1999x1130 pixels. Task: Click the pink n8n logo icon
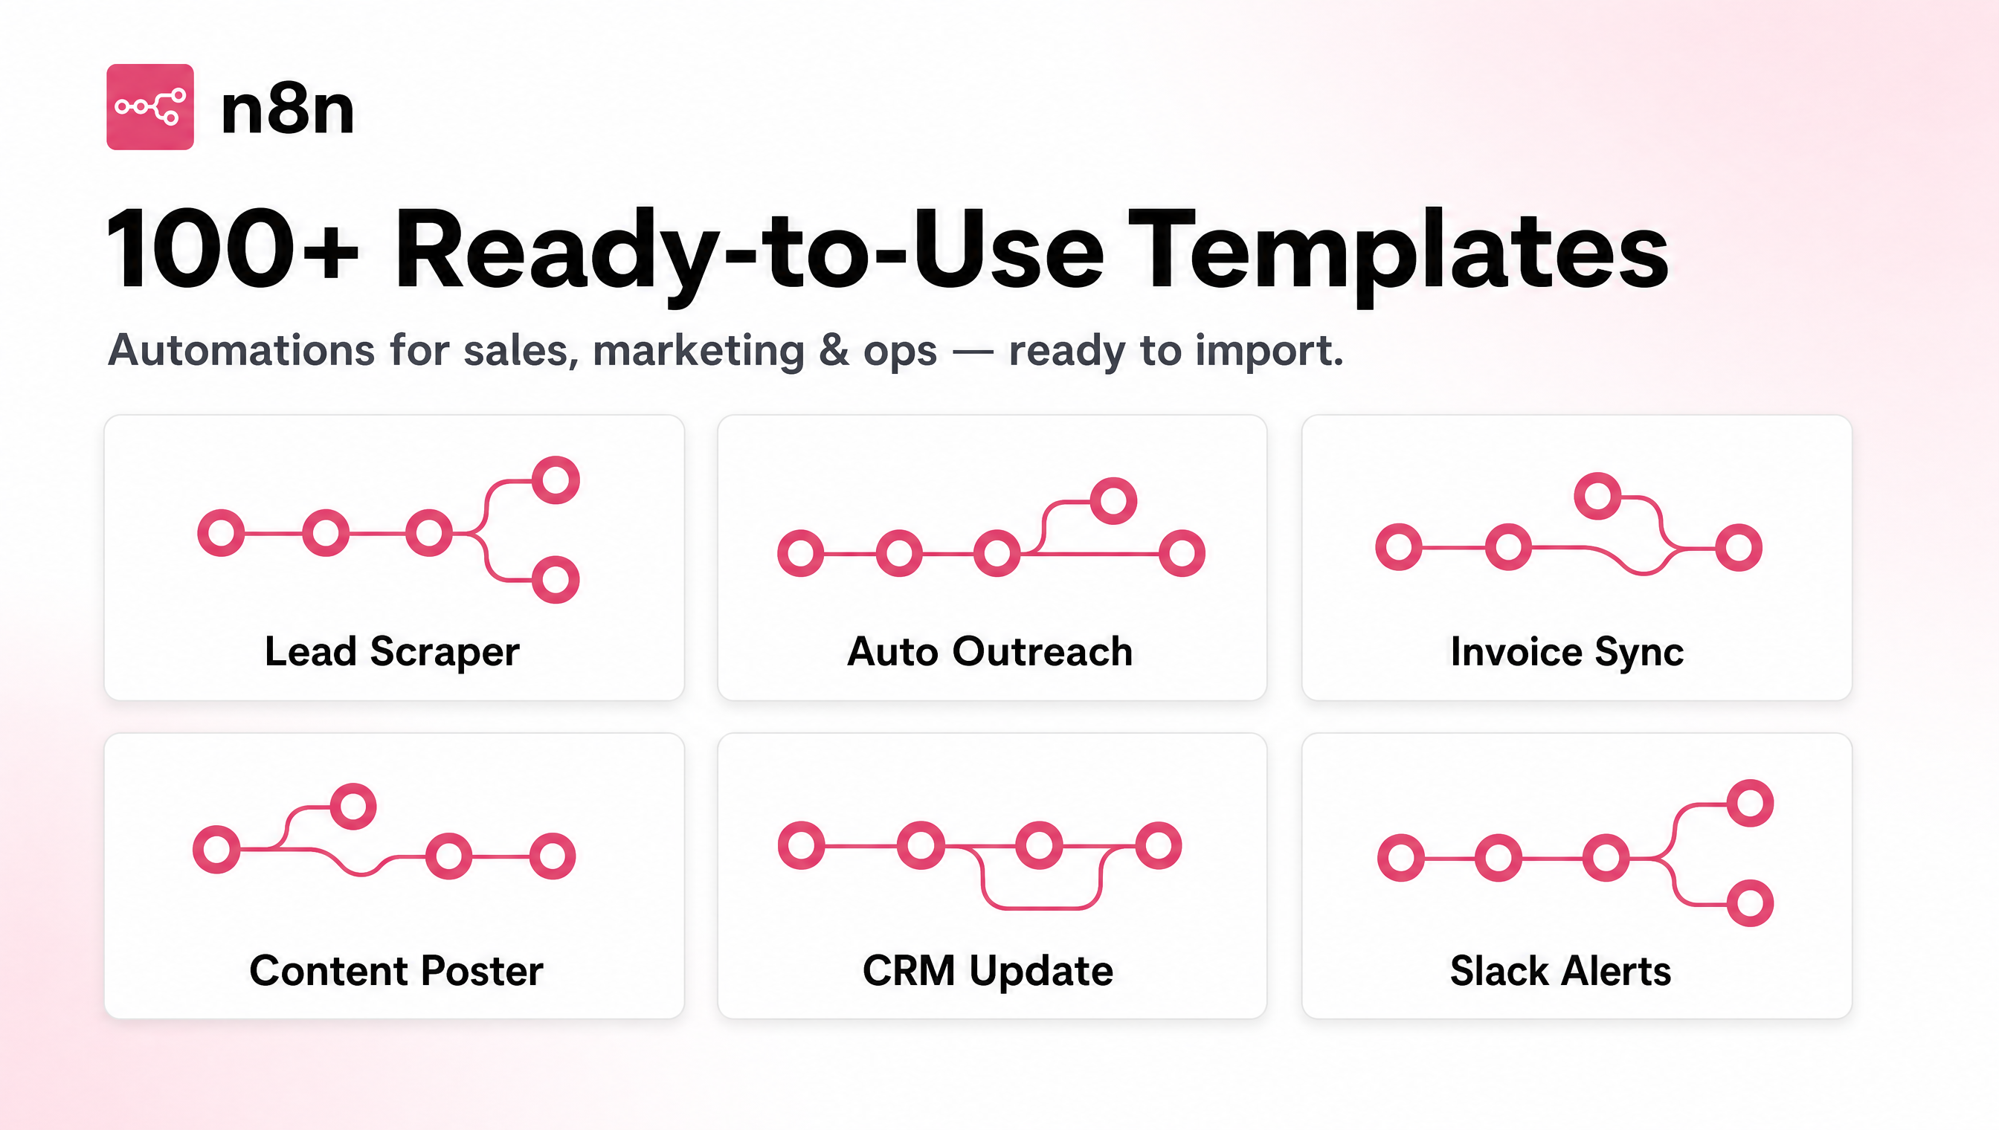pos(149,107)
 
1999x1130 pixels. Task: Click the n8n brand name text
pos(287,110)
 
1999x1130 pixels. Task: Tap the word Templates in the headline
pos(1397,252)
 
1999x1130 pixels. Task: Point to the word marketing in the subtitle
pos(698,351)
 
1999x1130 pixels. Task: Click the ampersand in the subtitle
pos(834,350)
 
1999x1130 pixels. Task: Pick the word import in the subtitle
pos(1269,351)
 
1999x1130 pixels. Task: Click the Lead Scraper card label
pos(392,652)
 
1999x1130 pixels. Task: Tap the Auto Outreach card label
pos(990,651)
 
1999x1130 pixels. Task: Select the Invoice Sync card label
pos(1567,652)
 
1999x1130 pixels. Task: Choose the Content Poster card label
pos(396,971)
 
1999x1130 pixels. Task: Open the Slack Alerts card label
pos(1560,971)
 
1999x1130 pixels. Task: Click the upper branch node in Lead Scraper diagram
pos(556,480)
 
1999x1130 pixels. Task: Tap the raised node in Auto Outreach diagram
pos(1113,500)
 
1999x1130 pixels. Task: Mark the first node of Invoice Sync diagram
pos(1398,547)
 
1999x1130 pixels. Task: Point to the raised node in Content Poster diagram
pos(353,807)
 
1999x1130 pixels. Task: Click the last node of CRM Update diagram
pos(1158,845)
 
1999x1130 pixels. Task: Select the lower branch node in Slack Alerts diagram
pos(1750,903)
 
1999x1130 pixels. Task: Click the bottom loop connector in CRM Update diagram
pos(1041,906)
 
